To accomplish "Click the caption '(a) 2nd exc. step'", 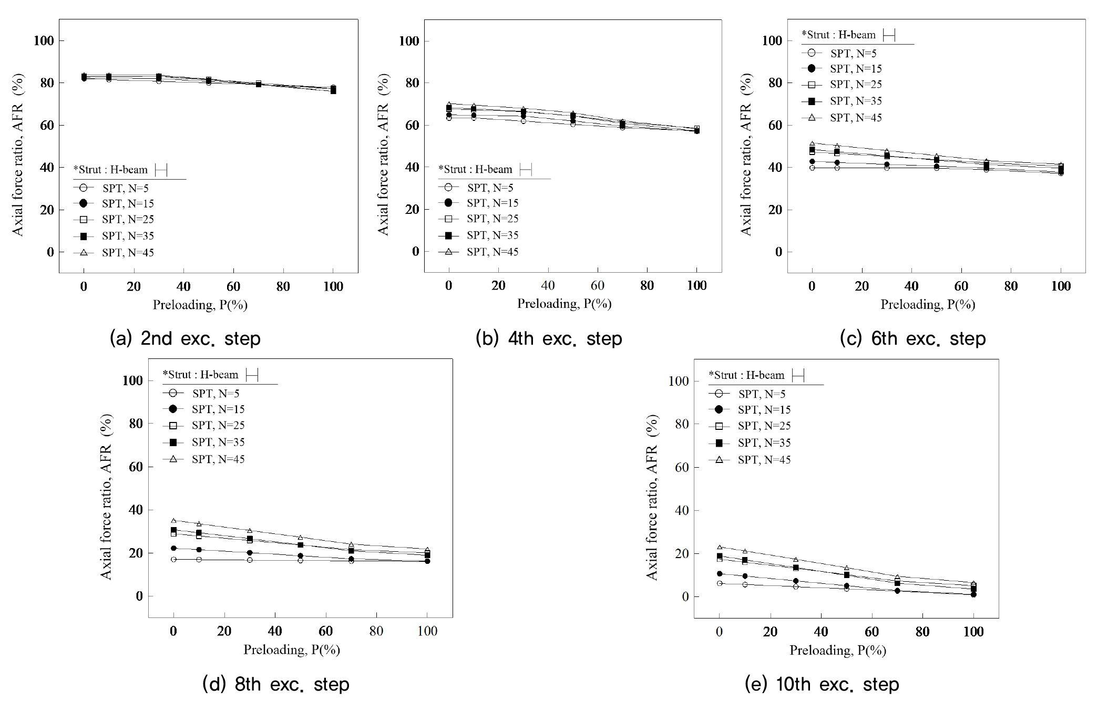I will click(185, 339).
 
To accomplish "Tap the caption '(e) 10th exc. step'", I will click(822, 684).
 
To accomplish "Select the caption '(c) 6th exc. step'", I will click(912, 339).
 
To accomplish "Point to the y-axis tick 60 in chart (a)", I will click(44, 125).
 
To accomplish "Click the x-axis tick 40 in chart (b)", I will click(548, 285).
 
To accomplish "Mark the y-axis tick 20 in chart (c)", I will click(773, 210).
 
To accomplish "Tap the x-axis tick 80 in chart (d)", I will click(376, 631).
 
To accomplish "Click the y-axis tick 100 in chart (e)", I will click(679, 381).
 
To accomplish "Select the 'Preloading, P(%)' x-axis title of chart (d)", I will click(292, 650).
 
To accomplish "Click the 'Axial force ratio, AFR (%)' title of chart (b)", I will click(383, 154).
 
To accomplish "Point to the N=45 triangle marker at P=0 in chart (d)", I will click(173, 520).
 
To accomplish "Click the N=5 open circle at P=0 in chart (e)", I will click(720, 583).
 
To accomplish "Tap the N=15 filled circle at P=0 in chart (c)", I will click(812, 162).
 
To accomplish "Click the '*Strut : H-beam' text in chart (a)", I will click(110, 170).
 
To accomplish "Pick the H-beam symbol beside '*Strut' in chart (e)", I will click(798, 375).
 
